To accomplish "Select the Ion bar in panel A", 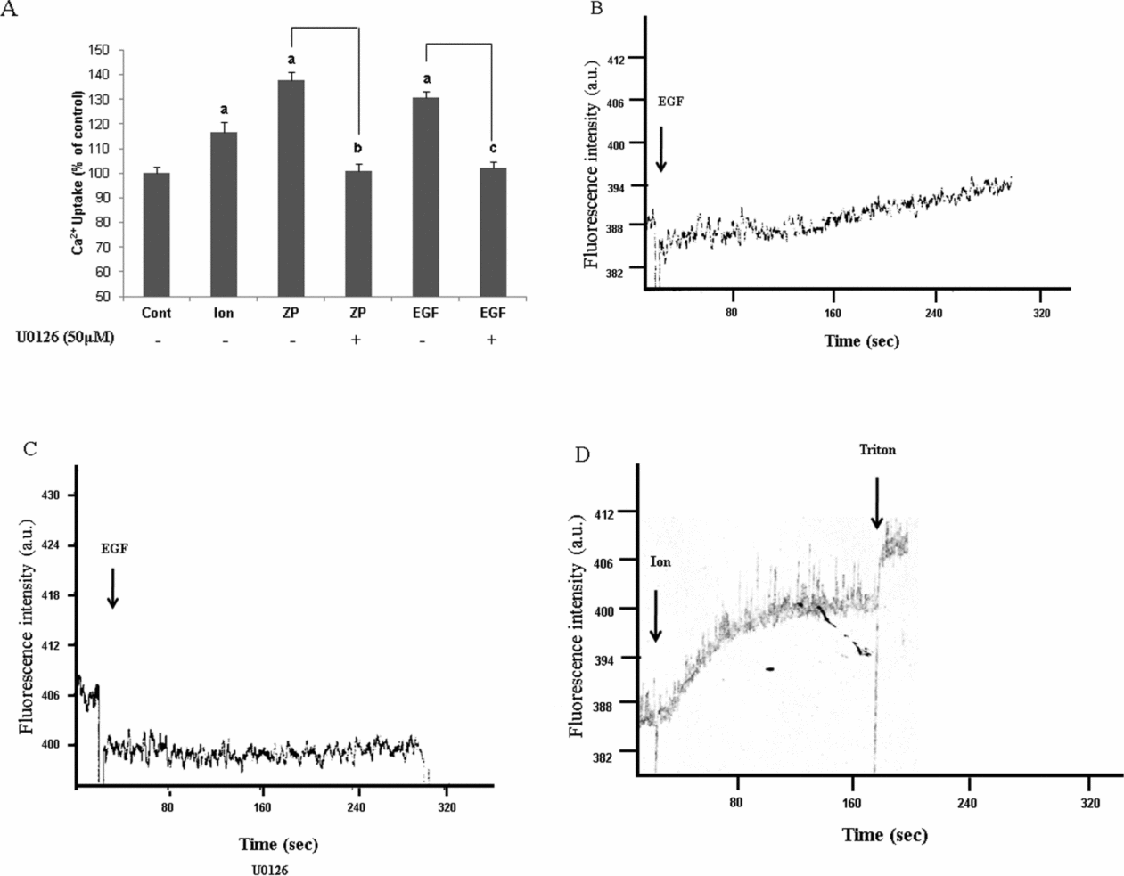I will coord(225,214).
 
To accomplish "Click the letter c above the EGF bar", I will coord(492,148).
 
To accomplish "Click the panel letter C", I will coord(29,447).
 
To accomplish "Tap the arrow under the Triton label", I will coord(877,504).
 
